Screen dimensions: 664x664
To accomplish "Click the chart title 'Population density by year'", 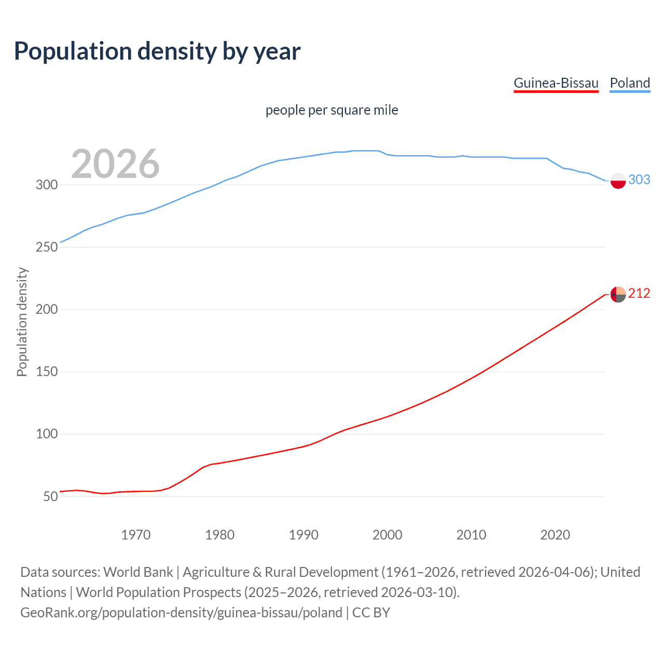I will [157, 51].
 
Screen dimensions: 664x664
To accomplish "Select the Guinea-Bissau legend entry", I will [556, 83].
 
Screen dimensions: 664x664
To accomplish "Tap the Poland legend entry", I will [630, 83].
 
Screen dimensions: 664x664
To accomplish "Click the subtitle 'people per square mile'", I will [331, 110].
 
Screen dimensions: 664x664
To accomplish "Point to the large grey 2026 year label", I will [115, 164].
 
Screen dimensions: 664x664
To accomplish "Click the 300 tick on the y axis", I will [47, 185].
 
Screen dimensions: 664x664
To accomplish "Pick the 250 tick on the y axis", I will [47, 247].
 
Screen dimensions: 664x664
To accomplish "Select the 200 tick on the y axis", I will [47, 309].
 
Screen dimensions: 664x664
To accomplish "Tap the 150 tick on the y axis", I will [47, 371].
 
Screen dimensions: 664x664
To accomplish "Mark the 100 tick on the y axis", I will [47, 434].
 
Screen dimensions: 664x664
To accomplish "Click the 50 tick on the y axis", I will [50, 496].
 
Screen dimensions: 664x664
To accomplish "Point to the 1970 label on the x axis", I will [136, 535].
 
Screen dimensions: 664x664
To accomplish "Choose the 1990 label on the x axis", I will [303, 535].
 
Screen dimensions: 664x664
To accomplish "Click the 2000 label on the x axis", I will [388, 535].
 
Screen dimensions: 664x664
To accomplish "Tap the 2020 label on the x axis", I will [555, 535].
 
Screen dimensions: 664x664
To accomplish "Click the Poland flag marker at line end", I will [618, 181].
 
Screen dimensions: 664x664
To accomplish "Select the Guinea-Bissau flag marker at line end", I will [618, 294].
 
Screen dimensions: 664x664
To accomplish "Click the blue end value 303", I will [639, 179].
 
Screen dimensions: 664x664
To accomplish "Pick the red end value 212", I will [639, 294].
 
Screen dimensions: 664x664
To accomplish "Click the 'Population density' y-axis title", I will [22, 322].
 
